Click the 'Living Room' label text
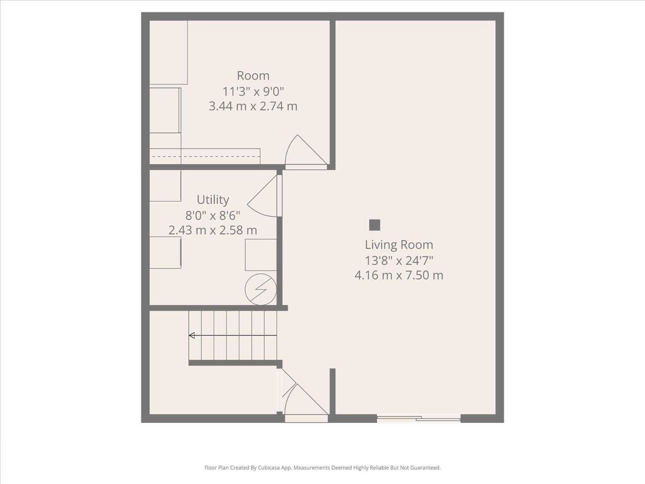point(399,245)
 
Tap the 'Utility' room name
point(213,200)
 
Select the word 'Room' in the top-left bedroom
point(253,76)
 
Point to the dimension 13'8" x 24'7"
point(399,261)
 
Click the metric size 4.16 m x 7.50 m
point(399,275)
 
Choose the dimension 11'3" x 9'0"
point(253,92)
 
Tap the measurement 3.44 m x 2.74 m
point(253,106)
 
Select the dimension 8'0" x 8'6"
point(213,216)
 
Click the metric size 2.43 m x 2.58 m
point(213,230)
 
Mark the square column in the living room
point(375,225)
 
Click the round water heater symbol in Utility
point(261,290)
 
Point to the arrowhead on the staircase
point(192,335)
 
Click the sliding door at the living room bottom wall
point(418,418)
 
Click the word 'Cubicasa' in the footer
point(268,467)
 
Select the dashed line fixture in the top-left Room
point(205,156)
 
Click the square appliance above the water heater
point(261,255)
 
